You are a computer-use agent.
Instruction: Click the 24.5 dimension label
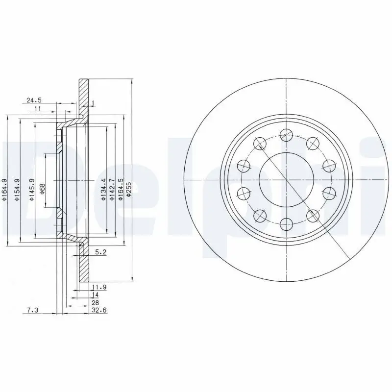pos(34,100)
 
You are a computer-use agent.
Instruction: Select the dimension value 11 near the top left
pos(38,109)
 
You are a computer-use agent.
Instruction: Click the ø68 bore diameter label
pos(43,188)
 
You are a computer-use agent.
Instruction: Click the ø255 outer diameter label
pos(129,189)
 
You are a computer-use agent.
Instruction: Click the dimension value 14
pos(95,295)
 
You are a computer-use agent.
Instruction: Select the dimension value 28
pos(95,303)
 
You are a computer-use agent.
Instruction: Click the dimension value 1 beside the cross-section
pos(93,103)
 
